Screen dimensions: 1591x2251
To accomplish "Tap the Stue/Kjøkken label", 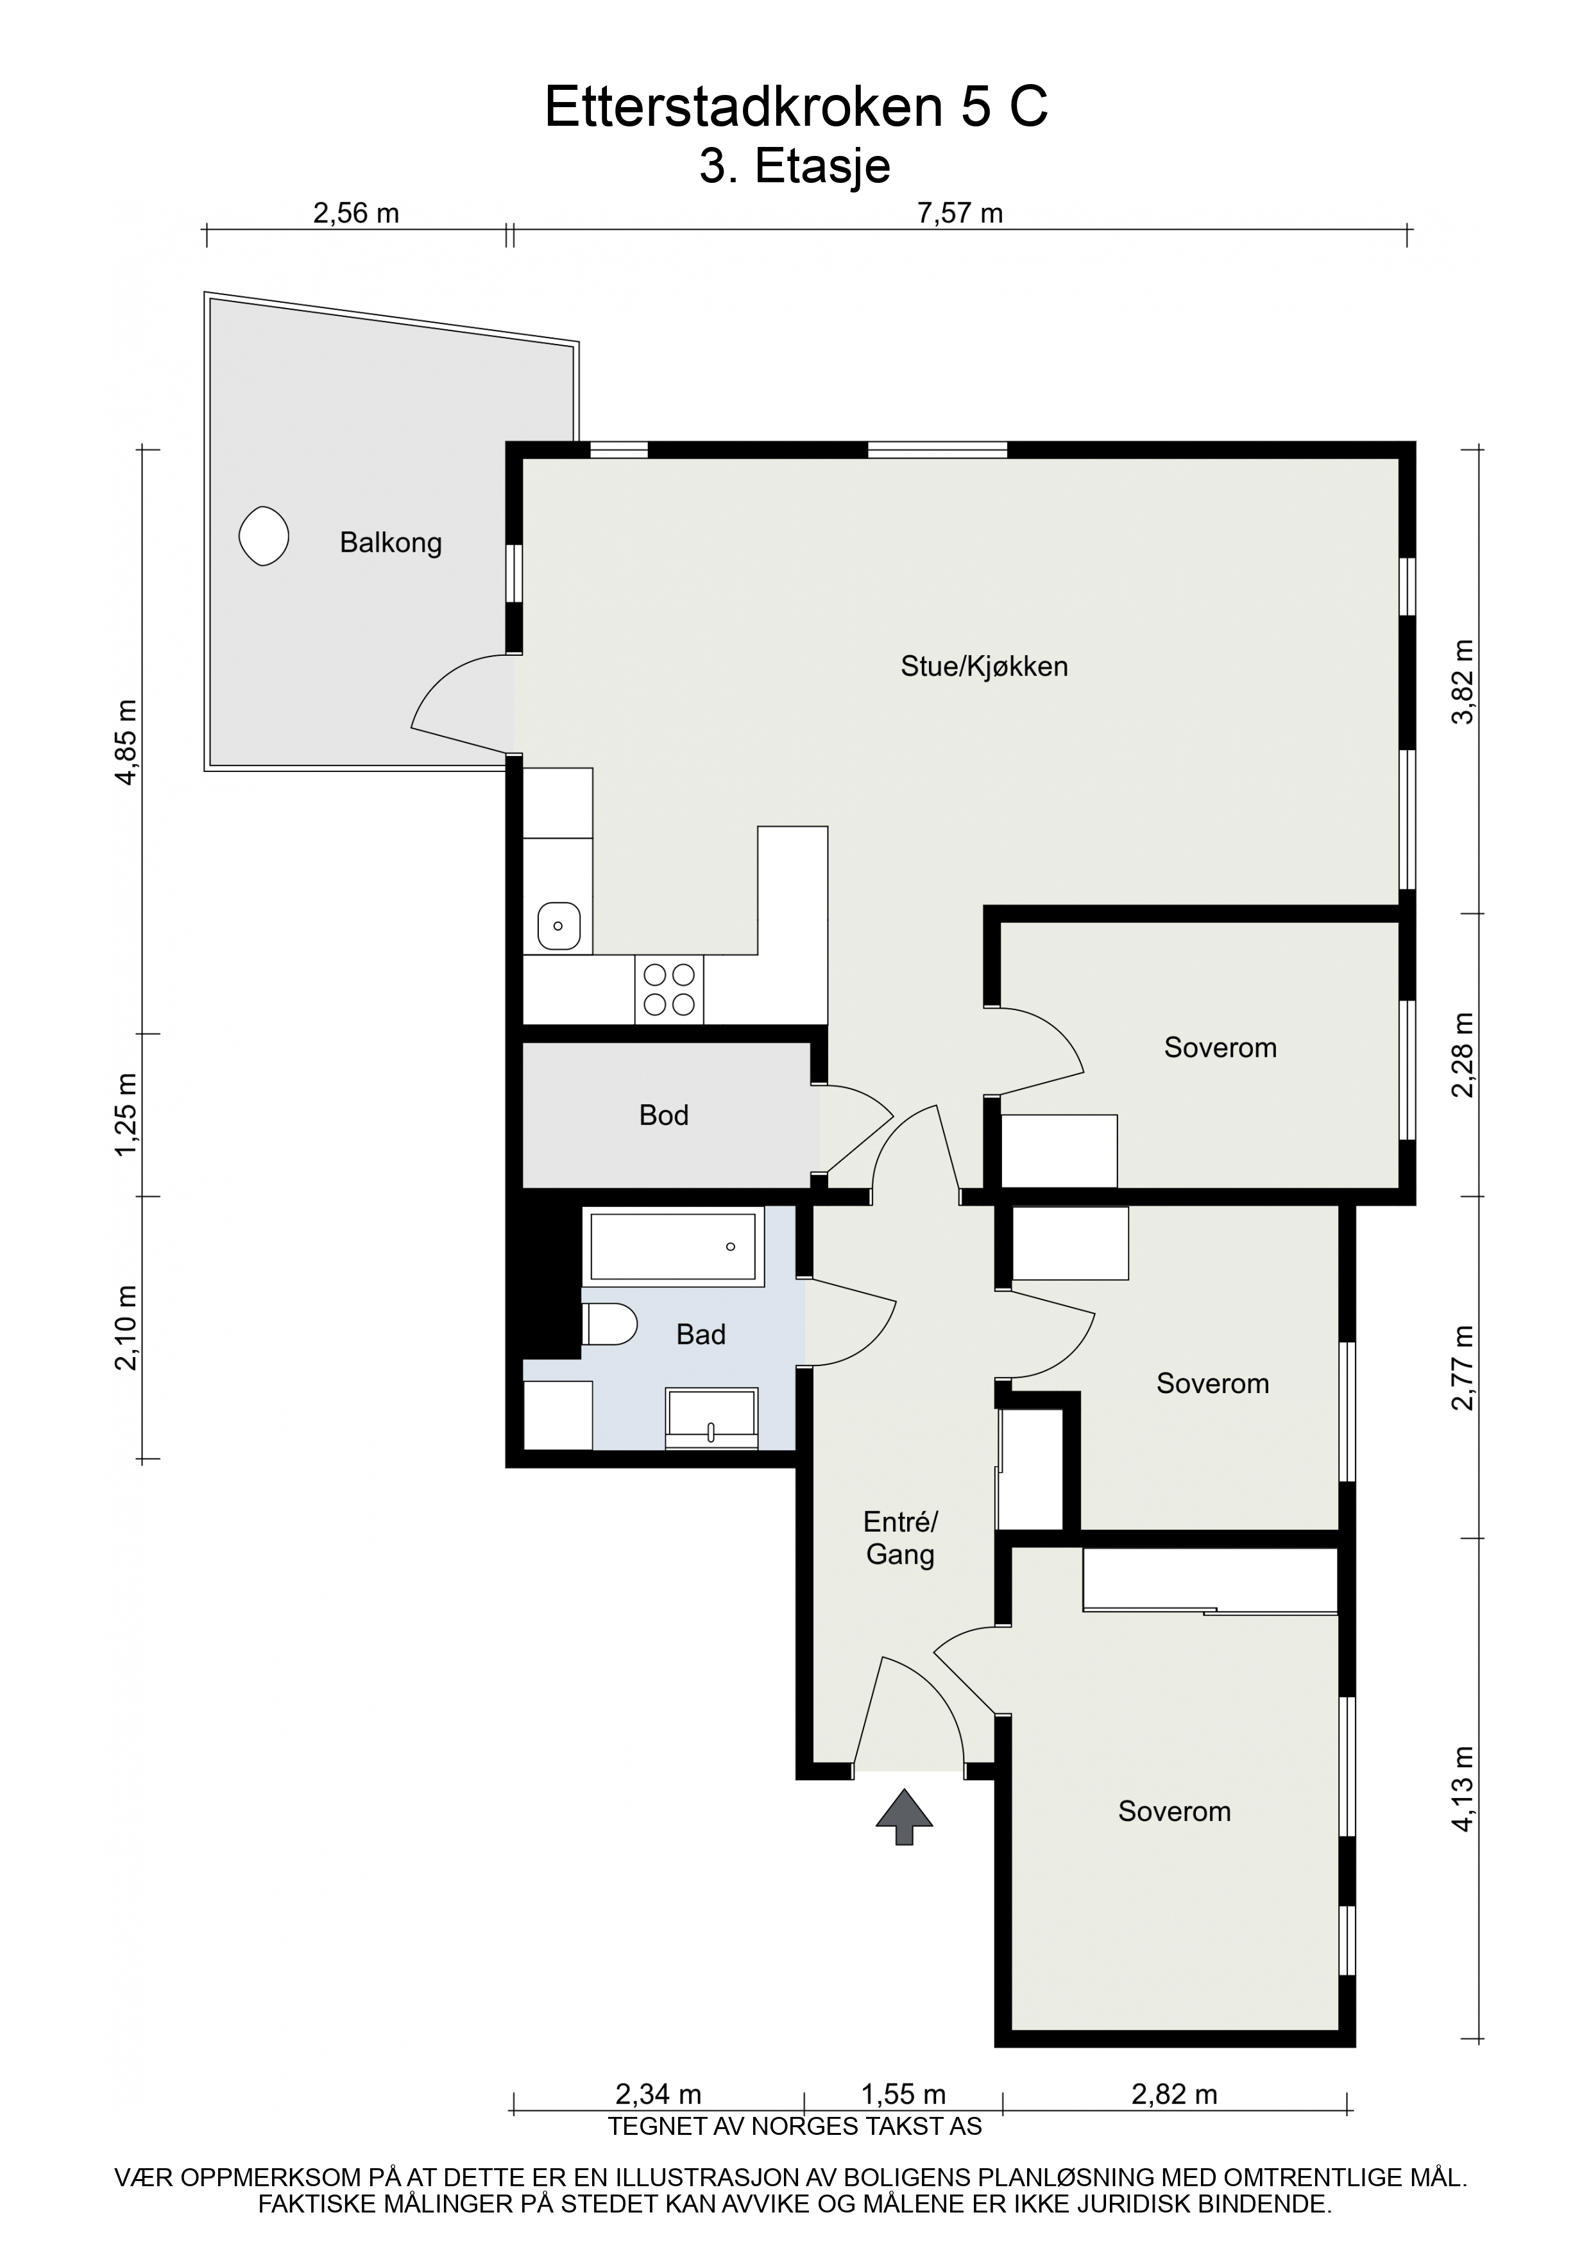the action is [x=984, y=667].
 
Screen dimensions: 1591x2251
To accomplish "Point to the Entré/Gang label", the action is [x=900, y=1537].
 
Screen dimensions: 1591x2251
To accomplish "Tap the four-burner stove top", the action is [x=670, y=989].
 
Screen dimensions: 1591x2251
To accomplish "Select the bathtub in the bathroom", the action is [x=674, y=1246].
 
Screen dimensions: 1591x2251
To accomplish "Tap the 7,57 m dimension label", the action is [x=960, y=213].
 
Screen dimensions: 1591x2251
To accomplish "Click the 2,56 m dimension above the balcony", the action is [x=356, y=213].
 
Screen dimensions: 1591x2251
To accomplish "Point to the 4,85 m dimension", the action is [x=126, y=741].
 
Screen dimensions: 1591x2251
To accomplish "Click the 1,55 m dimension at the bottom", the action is [x=903, y=2094].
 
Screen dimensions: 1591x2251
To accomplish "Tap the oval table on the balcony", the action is [x=264, y=536].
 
